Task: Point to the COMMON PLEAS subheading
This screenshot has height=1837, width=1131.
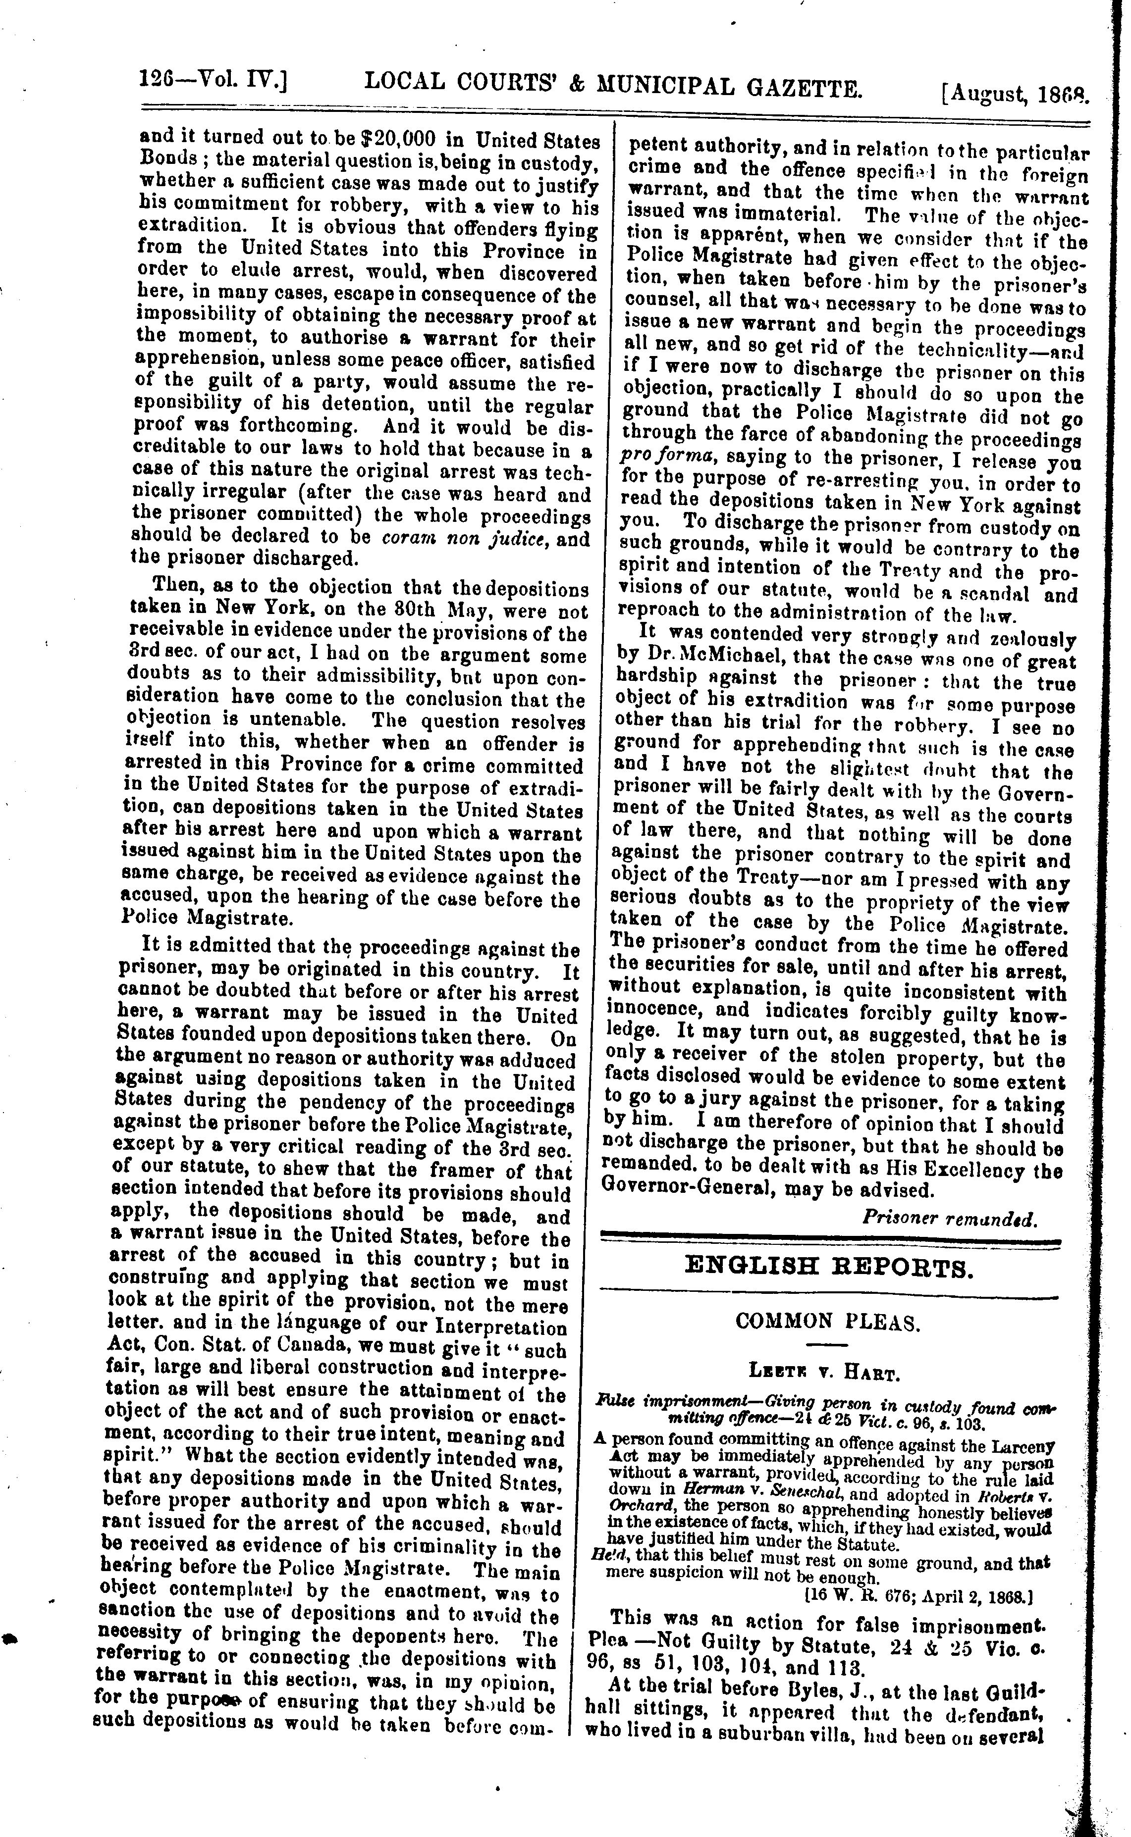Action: pos(827,1321)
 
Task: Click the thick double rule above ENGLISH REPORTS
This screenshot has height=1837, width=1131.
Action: pos(830,1239)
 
